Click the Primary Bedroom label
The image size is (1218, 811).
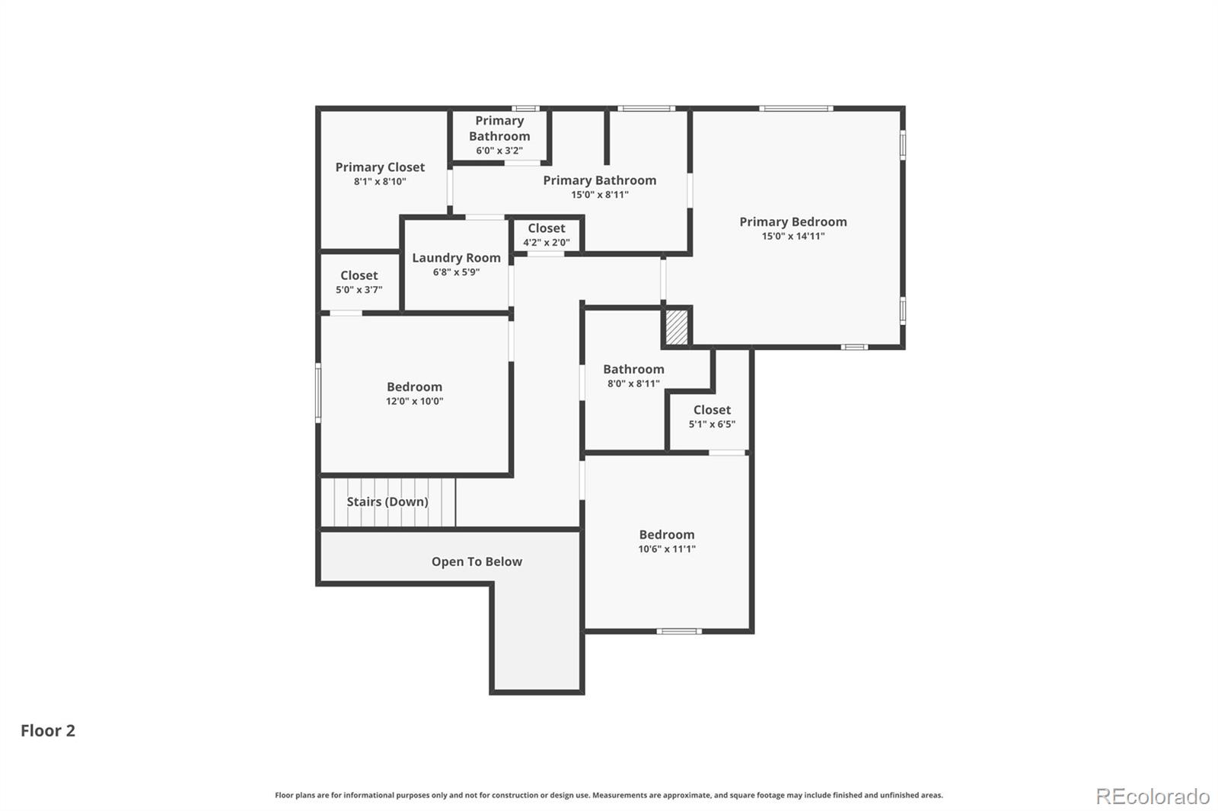[792, 221]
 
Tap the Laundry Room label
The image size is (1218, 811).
[456, 258]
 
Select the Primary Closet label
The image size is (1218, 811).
[380, 167]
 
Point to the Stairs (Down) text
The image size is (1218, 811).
[387, 501]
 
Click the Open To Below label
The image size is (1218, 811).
[477, 561]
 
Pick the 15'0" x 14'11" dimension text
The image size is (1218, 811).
[792, 236]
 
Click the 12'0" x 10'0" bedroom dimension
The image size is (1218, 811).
[414, 401]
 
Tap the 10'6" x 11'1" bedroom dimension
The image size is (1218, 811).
[667, 549]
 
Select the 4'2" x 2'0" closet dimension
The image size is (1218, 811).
[546, 243]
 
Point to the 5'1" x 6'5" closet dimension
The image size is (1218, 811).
[712, 424]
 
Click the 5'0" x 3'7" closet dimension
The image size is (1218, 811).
[359, 290]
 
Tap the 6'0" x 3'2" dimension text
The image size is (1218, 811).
[499, 151]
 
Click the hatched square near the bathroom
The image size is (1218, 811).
[677, 327]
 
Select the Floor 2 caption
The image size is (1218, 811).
[48, 730]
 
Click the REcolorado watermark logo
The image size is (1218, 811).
[1153, 796]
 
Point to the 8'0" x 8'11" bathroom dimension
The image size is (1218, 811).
[633, 383]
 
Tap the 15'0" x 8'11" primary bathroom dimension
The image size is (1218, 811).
[600, 195]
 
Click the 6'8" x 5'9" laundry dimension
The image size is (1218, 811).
[456, 272]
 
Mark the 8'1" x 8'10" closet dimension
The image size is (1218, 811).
[380, 182]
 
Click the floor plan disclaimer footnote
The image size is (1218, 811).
[609, 795]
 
